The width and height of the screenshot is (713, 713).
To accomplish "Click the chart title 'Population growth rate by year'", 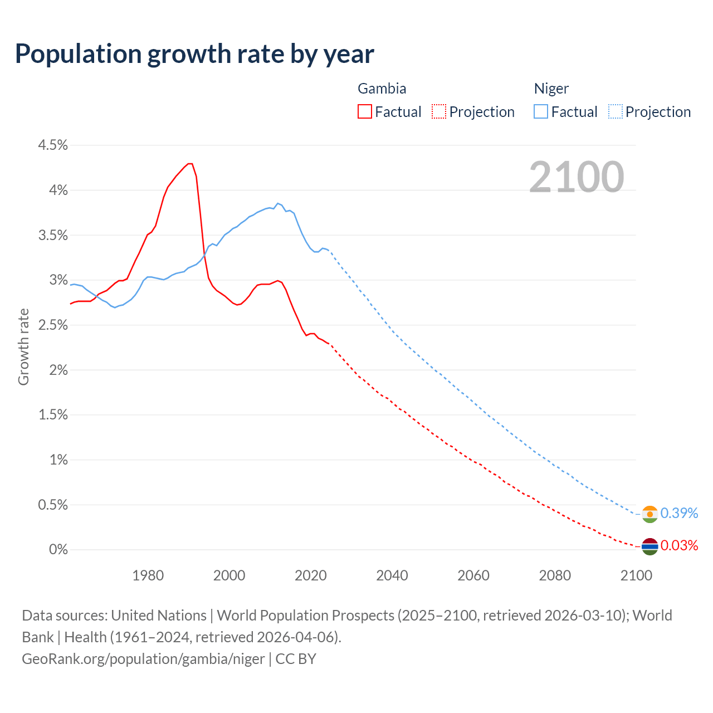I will (194, 54).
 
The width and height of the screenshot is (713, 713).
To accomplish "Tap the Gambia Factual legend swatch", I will (365, 111).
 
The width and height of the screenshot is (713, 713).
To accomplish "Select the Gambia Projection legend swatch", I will (439, 111).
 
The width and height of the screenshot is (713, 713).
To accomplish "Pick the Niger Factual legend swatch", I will (541, 111).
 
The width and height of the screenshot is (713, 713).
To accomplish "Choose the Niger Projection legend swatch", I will (615, 111).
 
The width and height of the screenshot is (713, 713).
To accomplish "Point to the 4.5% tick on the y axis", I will (53, 145).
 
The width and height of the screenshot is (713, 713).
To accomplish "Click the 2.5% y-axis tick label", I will (53, 325).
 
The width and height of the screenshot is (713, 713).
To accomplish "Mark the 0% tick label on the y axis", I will (58, 550).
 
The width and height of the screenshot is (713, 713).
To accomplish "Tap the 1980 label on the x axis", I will (148, 575).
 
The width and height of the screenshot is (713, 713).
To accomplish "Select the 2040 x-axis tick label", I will (392, 575).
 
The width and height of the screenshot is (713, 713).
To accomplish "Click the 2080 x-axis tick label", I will (555, 575).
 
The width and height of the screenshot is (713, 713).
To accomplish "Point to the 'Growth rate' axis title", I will (23, 346).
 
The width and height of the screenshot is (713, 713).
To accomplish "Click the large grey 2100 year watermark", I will (577, 177).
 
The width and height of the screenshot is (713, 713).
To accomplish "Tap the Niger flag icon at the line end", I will (649, 514).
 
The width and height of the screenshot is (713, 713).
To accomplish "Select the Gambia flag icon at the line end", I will (649, 546).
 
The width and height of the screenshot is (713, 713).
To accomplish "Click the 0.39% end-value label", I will (679, 513).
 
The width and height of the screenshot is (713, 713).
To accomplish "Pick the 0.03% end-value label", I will (679, 545).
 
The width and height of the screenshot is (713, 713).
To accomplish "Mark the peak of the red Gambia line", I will (190, 164).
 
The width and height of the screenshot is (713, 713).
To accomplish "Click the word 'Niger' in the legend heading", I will (551, 89).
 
